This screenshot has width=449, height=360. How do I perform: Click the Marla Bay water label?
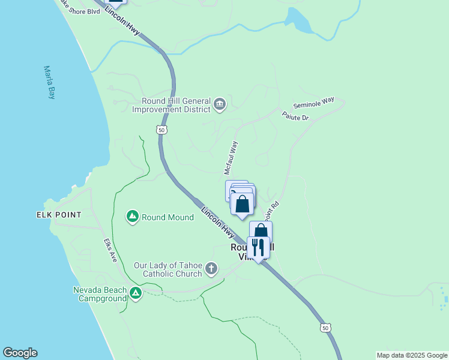point(49,83)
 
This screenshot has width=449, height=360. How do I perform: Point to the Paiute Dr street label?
point(295,116)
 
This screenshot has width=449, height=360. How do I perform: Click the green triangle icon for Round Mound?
point(132,217)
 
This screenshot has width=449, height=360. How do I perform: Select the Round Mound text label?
point(167,217)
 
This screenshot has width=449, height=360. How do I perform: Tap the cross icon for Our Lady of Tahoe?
point(211,268)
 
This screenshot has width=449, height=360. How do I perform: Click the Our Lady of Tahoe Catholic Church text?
point(168,269)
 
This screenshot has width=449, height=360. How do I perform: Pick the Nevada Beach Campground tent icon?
point(136,293)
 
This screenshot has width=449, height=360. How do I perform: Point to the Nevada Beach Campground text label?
point(100,294)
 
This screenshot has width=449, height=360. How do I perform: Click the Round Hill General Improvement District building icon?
point(220,105)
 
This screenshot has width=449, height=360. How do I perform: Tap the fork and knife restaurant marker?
point(258,247)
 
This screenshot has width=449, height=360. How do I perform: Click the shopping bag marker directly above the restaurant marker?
point(261,231)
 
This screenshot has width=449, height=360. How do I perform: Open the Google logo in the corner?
point(20,353)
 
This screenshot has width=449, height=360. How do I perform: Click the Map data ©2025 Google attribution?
point(411,355)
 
